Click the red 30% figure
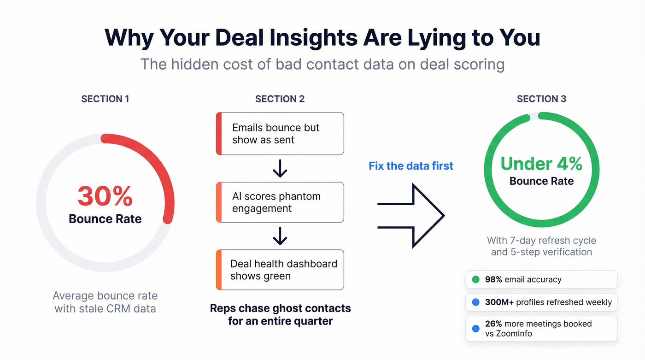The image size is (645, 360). (105, 196)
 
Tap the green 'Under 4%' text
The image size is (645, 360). (541, 164)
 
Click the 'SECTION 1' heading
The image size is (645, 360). (105, 99)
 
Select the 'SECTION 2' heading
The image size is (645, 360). (280, 99)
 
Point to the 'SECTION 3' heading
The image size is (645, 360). (541, 99)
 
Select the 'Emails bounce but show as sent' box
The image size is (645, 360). (280, 134)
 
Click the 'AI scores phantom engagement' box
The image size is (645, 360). (280, 202)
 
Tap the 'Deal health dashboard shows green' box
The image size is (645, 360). (280, 270)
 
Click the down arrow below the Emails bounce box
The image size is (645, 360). (280, 169)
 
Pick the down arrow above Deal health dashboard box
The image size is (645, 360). (280, 236)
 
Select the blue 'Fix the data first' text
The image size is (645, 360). (411, 166)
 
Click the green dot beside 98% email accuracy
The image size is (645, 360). (476, 279)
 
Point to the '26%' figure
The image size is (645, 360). (493, 324)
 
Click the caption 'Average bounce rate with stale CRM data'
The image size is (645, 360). (105, 302)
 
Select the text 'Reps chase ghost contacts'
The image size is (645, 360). (280, 308)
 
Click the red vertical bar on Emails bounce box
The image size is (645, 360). (219, 134)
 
